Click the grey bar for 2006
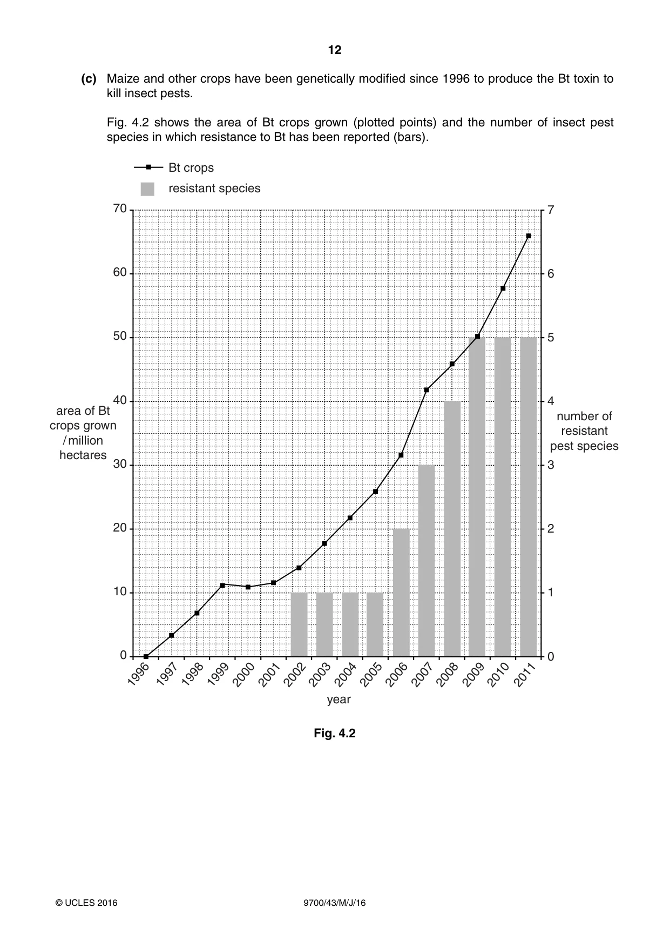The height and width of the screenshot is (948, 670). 401,593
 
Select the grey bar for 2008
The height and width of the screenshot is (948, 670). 452,529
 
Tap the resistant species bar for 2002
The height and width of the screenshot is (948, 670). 299,624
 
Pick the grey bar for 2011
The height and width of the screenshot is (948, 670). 529,497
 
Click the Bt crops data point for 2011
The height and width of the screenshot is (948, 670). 529,236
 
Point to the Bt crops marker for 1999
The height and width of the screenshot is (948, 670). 222,585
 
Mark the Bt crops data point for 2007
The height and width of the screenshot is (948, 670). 427,389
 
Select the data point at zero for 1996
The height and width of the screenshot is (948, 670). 146,656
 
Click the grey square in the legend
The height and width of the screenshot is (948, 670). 147,189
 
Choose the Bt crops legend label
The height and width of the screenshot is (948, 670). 191,167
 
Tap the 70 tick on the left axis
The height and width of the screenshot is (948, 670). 120,209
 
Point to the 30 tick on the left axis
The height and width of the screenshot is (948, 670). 120,465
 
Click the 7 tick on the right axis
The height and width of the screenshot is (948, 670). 551,210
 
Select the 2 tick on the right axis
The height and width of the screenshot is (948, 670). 551,529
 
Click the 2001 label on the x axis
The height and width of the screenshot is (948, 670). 269,675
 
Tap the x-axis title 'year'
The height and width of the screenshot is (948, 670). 339,700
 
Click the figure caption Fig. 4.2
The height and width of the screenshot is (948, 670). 335,733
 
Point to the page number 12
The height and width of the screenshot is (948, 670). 335,50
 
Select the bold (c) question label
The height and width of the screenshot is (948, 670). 89,79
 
